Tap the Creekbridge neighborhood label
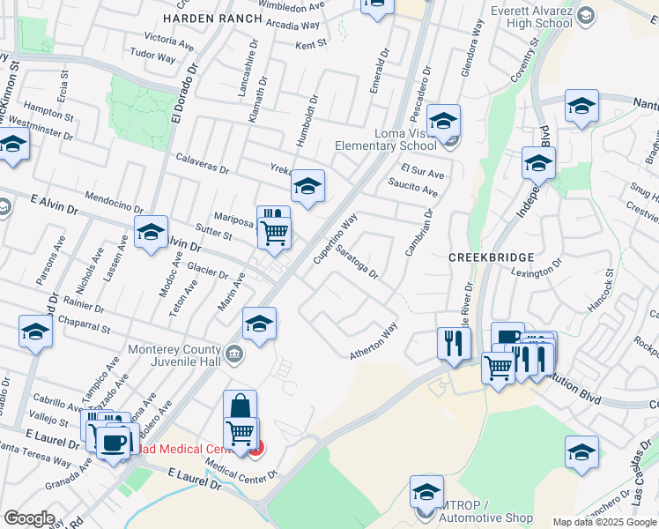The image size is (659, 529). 492,257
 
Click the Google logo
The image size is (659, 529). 29,518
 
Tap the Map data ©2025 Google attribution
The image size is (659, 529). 603,522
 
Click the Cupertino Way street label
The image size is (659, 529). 336,237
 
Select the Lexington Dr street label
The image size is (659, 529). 537,270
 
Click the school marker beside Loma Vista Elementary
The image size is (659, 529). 443,121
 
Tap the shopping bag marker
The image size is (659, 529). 240,406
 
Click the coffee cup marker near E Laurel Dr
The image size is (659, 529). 113,442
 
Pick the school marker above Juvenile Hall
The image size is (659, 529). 259,324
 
